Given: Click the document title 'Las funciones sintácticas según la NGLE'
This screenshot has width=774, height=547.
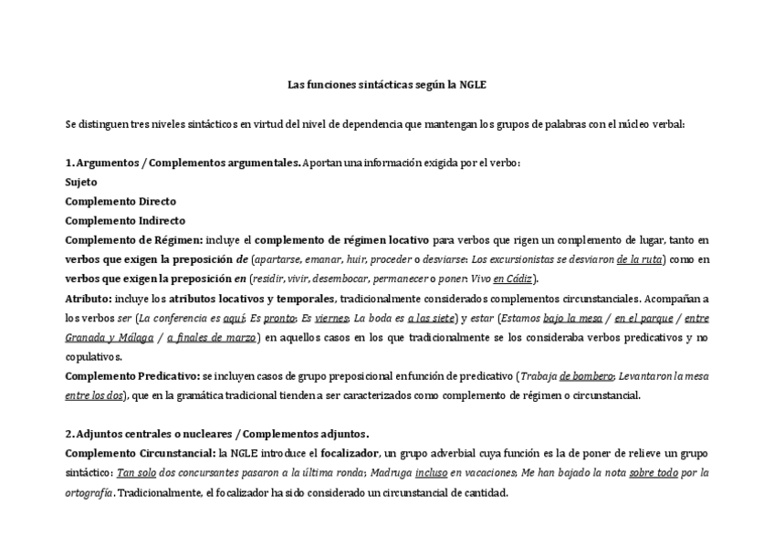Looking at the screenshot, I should [387, 85].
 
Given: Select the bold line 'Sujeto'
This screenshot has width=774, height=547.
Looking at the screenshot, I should [81, 182].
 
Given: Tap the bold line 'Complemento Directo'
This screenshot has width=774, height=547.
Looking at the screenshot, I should [120, 201].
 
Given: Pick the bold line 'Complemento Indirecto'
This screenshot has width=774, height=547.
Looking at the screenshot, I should [125, 220].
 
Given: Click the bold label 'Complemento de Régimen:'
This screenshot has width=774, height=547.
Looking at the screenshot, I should [134, 240].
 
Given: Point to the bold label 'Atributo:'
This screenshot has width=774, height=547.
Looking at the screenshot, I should [89, 299].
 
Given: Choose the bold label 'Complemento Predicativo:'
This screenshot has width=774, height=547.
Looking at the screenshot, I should [132, 376].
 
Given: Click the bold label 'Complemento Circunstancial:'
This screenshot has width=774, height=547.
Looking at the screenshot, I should [141, 454].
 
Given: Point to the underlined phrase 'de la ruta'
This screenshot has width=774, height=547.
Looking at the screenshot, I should [640, 259].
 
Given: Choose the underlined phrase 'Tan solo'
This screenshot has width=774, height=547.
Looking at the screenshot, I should [136, 473].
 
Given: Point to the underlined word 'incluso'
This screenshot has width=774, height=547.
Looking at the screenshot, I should [430, 473].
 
